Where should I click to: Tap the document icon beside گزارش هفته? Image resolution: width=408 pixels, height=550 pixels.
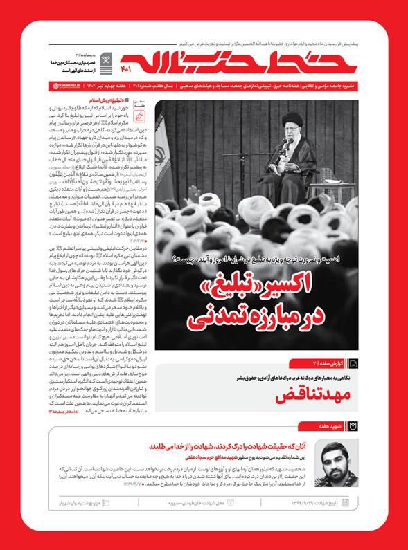coord(353,363)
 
